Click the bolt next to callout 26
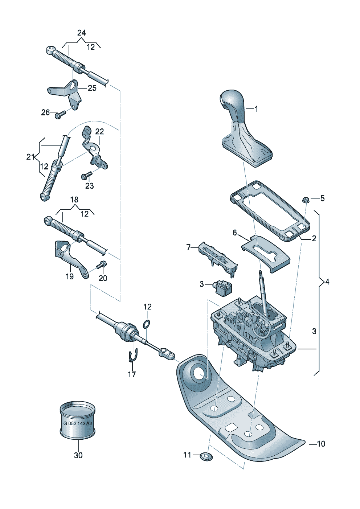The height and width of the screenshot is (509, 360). pos(60,115)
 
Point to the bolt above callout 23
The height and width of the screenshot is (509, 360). pos(87,175)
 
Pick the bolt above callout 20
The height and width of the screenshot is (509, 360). pos(102,264)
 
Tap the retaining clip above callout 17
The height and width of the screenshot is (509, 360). pos(132,358)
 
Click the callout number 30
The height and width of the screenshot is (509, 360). pos(78,455)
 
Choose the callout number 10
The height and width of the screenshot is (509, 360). pos(320,444)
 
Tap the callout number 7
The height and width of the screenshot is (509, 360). pos(188,247)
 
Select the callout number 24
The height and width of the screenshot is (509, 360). pos(81,33)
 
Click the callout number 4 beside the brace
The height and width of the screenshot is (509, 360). pos(327,282)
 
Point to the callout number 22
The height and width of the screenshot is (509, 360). pos(99,132)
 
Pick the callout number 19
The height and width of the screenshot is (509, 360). pos(70,276)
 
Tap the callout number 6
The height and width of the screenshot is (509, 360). pos(234,233)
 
